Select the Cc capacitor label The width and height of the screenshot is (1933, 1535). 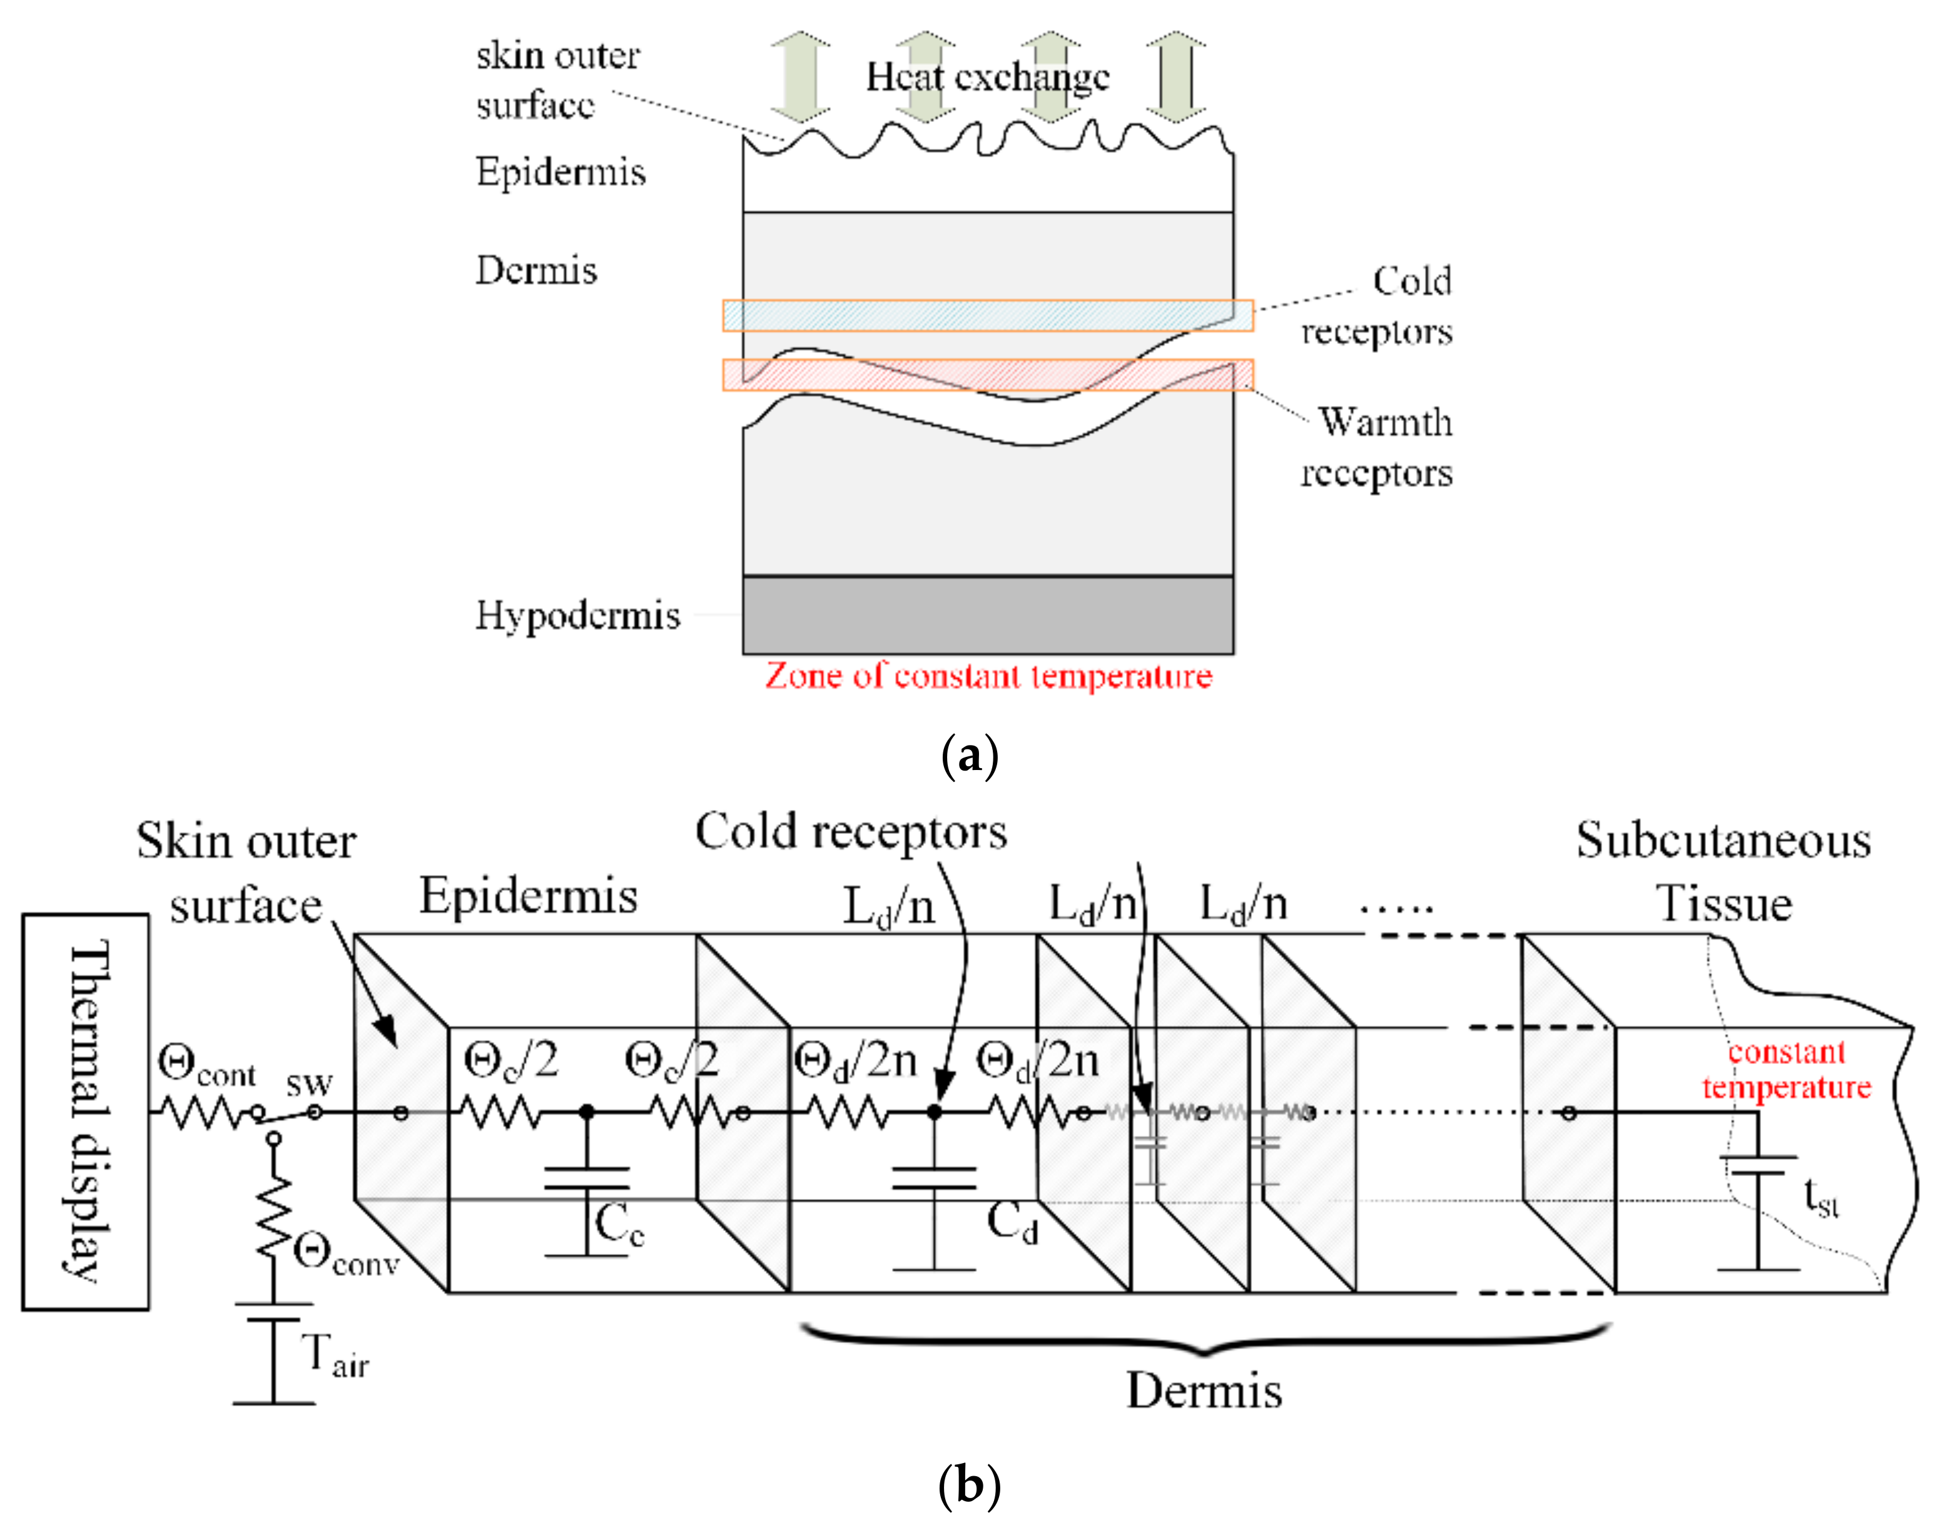619,1225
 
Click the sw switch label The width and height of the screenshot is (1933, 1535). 309,1084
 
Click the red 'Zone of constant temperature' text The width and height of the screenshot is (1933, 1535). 988,676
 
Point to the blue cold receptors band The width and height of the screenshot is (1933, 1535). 988,316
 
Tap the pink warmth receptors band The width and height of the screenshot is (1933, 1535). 988,375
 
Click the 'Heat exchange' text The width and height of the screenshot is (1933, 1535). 988,77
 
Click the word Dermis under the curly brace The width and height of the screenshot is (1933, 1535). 1203,1391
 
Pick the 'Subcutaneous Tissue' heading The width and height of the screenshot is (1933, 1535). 1723,871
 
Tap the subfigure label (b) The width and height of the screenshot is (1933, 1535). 969,1486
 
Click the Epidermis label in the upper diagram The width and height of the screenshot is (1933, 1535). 561,171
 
